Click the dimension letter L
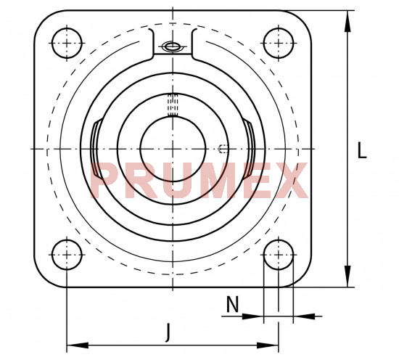pyautogui.click(x=362, y=150)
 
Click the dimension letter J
pyautogui.click(x=167, y=332)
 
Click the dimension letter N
pyautogui.click(x=233, y=304)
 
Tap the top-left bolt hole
pyautogui.click(x=67, y=43)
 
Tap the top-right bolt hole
pyautogui.click(x=279, y=43)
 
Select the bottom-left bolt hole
pyautogui.click(x=67, y=254)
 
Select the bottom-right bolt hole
pyautogui.click(x=279, y=254)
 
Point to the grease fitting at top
pyautogui.click(x=173, y=46)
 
